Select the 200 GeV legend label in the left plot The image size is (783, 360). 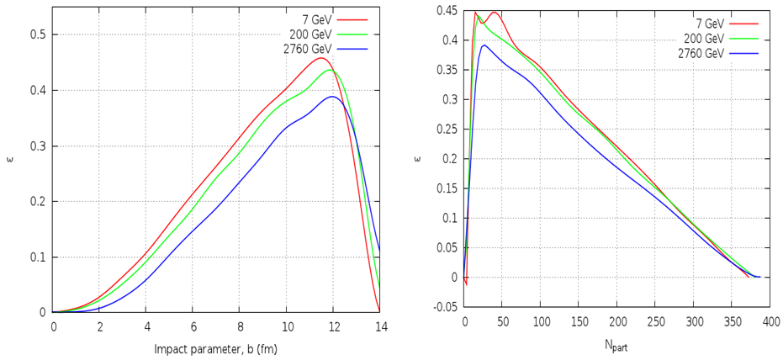pyautogui.click(x=310, y=34)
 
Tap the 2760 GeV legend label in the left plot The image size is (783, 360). pyautogui.click(x=307, y=49)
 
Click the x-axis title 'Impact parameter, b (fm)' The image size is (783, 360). pyautogui.click(x=217, y=347)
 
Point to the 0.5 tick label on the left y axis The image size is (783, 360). pyautogui.click(x=38, y=34)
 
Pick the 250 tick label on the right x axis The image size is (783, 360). pyautogui.click(x=656, y=321)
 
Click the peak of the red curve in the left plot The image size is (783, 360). pyautogui.click(x=320, y=58)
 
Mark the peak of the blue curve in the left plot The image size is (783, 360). pyautogui.click(x=333, y=97)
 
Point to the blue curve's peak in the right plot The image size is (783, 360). pyautogui.click(x=484, y=45)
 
